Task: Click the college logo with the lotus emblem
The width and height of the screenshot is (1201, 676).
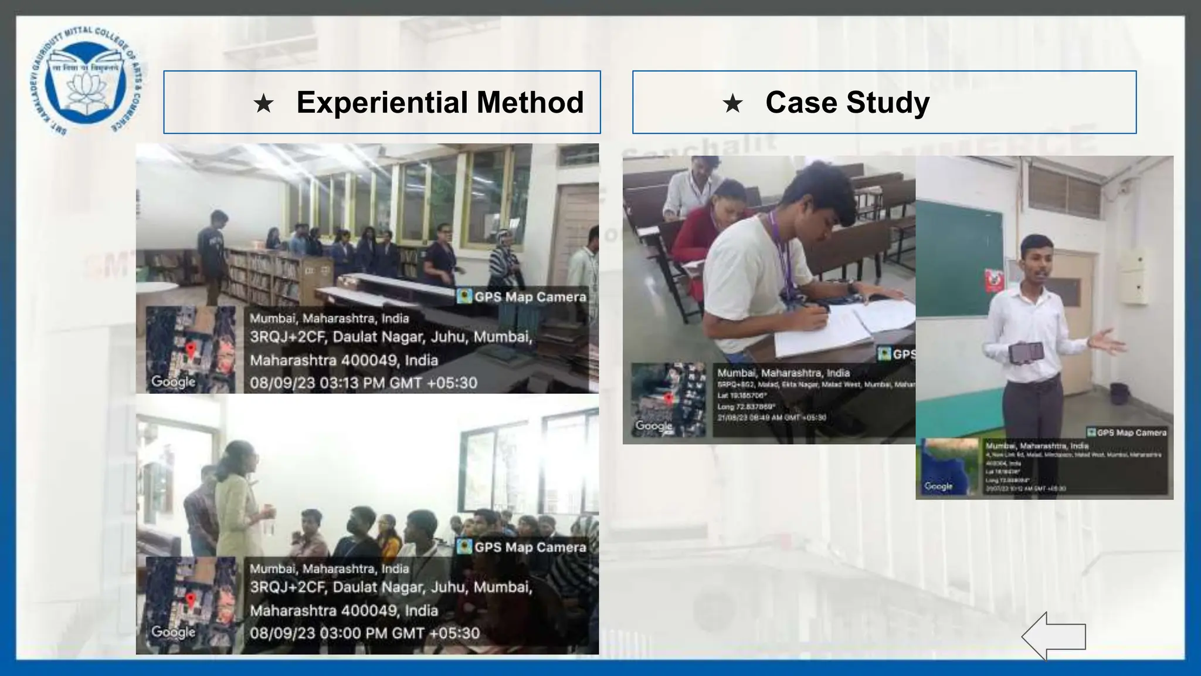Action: (88, 81)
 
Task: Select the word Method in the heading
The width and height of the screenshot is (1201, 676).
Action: (530, 102)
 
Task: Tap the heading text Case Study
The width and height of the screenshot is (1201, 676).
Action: (847, 103)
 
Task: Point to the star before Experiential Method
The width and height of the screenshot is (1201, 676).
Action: (263, 104)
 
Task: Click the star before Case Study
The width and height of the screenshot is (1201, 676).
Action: (732, 104)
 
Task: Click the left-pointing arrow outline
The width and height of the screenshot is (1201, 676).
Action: (1053, 636)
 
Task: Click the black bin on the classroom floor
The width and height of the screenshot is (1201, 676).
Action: (1119, 393)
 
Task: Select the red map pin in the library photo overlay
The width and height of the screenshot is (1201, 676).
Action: (190, 350)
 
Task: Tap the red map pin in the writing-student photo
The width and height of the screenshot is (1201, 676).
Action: (668, 399)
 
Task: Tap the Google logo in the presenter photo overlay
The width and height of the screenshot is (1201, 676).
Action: (938, 486)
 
